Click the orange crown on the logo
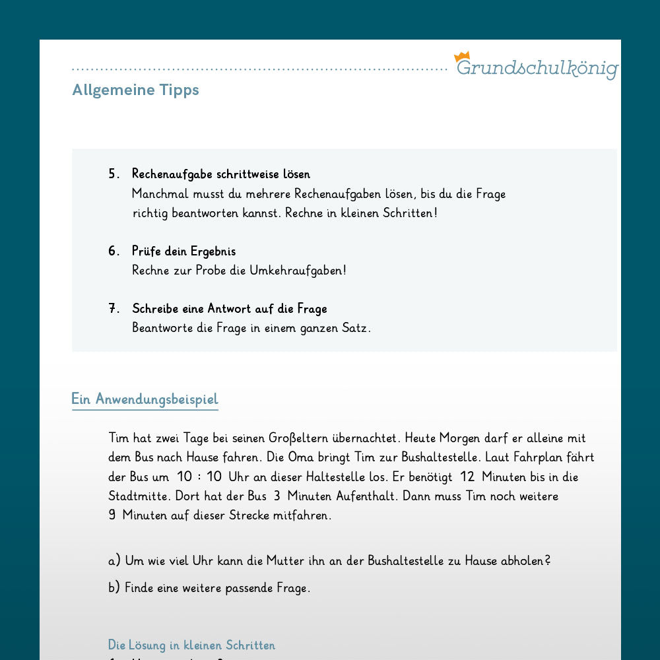tap(461, 57)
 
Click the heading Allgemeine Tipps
tap(135, 90)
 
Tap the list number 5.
tap(114, 174)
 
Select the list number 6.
tap(114, 251)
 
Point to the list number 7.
tap(114, 309)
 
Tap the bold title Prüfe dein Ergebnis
tap(183, 251)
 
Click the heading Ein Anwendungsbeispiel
tap(145, 399)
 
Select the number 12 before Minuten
tap(467, 477)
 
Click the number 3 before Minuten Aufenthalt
tap(277, 496)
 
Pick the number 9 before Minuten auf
tap(112, 515)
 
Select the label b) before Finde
tap(114, 588)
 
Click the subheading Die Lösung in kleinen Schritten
tap(191, 645)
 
